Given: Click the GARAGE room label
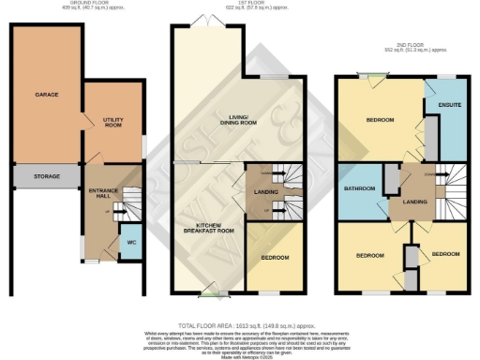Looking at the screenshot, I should [41, 96].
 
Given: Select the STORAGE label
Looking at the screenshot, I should [47, 175].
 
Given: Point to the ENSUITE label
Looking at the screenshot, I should [450, 105].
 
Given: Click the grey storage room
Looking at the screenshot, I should [47, 176].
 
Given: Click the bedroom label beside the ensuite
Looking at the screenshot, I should [379, 120].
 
